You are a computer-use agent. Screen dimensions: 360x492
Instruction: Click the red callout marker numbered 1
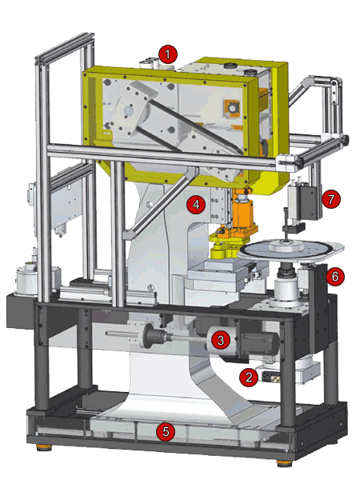point(168,54)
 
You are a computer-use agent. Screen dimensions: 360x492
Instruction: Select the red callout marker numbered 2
point(249,377)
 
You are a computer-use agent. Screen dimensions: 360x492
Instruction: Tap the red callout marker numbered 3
point(221,340)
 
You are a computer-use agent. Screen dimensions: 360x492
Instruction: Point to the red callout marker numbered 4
point(196,205)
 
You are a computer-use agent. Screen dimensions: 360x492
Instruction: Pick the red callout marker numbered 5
point(166,431)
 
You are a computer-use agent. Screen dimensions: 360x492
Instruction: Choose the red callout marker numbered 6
point(335,277)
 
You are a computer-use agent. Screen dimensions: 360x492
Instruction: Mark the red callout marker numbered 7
point(331,199)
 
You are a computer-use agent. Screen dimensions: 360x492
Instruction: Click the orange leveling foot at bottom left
point(44,447)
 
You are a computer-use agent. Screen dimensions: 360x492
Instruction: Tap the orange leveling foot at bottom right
point(285,463)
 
